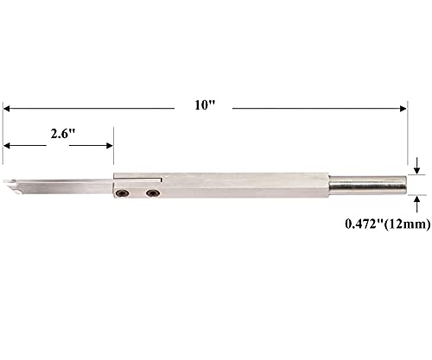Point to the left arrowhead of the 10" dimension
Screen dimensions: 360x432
tap(7, 108)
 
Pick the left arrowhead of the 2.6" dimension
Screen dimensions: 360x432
tap(7, 144)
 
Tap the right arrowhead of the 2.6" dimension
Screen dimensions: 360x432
tap(109, 144)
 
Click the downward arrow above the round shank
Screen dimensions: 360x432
tap(418, 167)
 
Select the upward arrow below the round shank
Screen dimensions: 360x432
tap(418, 200)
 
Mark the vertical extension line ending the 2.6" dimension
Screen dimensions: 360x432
tap(113, 147)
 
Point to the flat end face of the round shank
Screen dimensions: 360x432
tap(405, 185)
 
